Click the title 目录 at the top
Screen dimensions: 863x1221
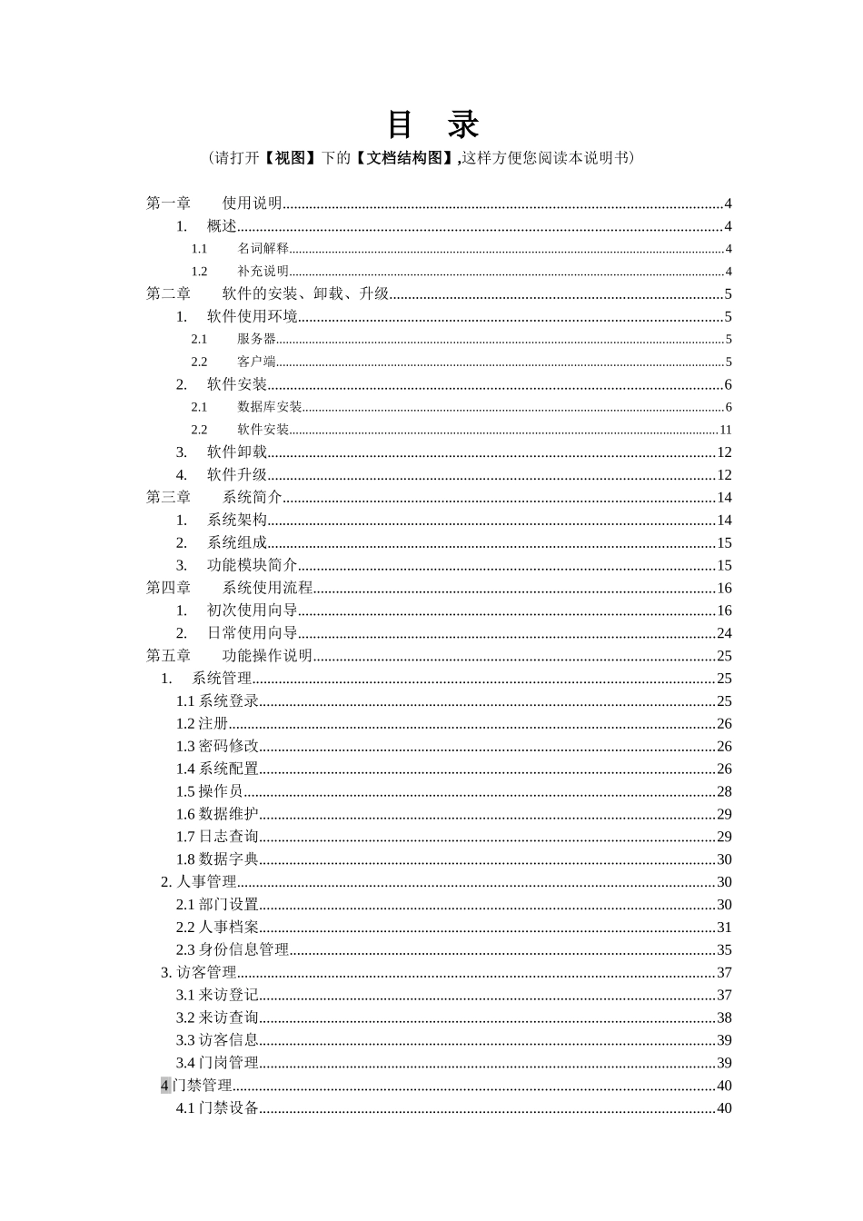[x=432, y=124]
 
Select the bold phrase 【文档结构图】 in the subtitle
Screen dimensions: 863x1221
[x=403, y=158]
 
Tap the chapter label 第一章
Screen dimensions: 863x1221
[x=169, y=203]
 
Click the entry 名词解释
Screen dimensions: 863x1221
[x=263, y=249]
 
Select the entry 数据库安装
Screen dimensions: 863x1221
[x=269, y=407]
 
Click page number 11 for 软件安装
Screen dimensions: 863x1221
[x=725, y=430]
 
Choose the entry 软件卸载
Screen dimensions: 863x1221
[x=236, y=452]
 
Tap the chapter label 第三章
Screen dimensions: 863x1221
[x=169, y=498]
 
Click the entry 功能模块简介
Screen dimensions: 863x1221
[x=252, y=565]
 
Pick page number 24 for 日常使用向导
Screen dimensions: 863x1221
[x=724, y=633]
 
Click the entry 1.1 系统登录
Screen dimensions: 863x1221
[x=218, y=701]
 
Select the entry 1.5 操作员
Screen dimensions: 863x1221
[x=210, y=791]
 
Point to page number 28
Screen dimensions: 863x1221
[x=724, y=791]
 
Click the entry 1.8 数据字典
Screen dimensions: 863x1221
[x=218, y=859]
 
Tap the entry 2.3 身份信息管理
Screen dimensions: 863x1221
[x=233, y=950]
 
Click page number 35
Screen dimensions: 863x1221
[x=724, y=950]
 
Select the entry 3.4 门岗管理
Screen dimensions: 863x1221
[x=218, y=1063]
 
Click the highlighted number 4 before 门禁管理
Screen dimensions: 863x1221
[x=165, y=1086]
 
